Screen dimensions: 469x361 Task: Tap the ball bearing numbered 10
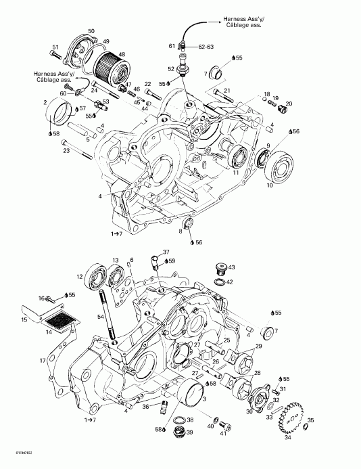[x=280, y=165]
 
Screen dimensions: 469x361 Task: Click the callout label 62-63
[x=206, y=47]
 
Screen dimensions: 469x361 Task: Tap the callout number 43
[x=231, y=267]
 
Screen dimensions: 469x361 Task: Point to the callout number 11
[x=237, y=173]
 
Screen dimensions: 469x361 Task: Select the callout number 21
[x=227, y=90]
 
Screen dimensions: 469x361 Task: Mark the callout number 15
[x=25, y=319]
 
